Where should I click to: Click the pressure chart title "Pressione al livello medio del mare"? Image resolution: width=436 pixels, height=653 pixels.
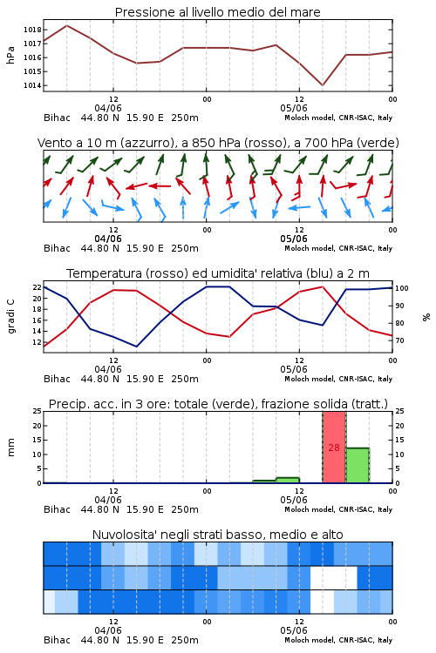(x=217, y=12)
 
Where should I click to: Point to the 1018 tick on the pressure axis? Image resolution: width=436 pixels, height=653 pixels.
(x=32, y=30)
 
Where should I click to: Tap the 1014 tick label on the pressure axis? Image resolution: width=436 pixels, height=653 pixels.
(x=32, y=86)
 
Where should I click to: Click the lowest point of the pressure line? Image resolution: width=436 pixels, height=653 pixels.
(x=322, y=85)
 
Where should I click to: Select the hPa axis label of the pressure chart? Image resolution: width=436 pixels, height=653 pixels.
(x=10, y=56)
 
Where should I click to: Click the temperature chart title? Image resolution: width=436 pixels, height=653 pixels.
(x=217, y=273)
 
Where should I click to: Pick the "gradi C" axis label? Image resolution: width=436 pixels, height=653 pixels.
(x=10, y=317)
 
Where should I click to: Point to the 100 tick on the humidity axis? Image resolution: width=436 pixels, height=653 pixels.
(x=402, y=288)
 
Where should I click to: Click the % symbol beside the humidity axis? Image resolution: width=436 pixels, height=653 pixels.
(x=426, y=317)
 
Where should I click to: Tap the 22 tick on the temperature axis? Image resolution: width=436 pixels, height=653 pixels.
(x=37, y=287)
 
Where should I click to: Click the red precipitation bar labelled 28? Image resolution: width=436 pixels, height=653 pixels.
(x=334, y=448)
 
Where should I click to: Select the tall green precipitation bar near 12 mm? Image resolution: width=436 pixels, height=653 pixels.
(x=358, y=466)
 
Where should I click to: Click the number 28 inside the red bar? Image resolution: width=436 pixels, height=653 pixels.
(x=334, y=448)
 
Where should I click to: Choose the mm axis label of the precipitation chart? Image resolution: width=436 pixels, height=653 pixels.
(x=10, y=448)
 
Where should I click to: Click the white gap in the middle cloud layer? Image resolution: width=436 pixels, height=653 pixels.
(x=333, y=577)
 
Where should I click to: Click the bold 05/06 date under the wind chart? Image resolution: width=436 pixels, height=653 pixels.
(x=294, y=239)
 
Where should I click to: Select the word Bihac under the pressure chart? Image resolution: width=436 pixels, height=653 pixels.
(x=58, y=118)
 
